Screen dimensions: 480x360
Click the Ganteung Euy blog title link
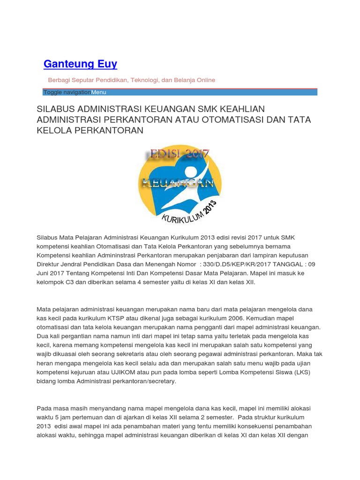click(80, 64)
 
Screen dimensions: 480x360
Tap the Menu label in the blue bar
click(98, 92)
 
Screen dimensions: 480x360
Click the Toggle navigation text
click(67, 92)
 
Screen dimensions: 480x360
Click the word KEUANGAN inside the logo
click(180, 182)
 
